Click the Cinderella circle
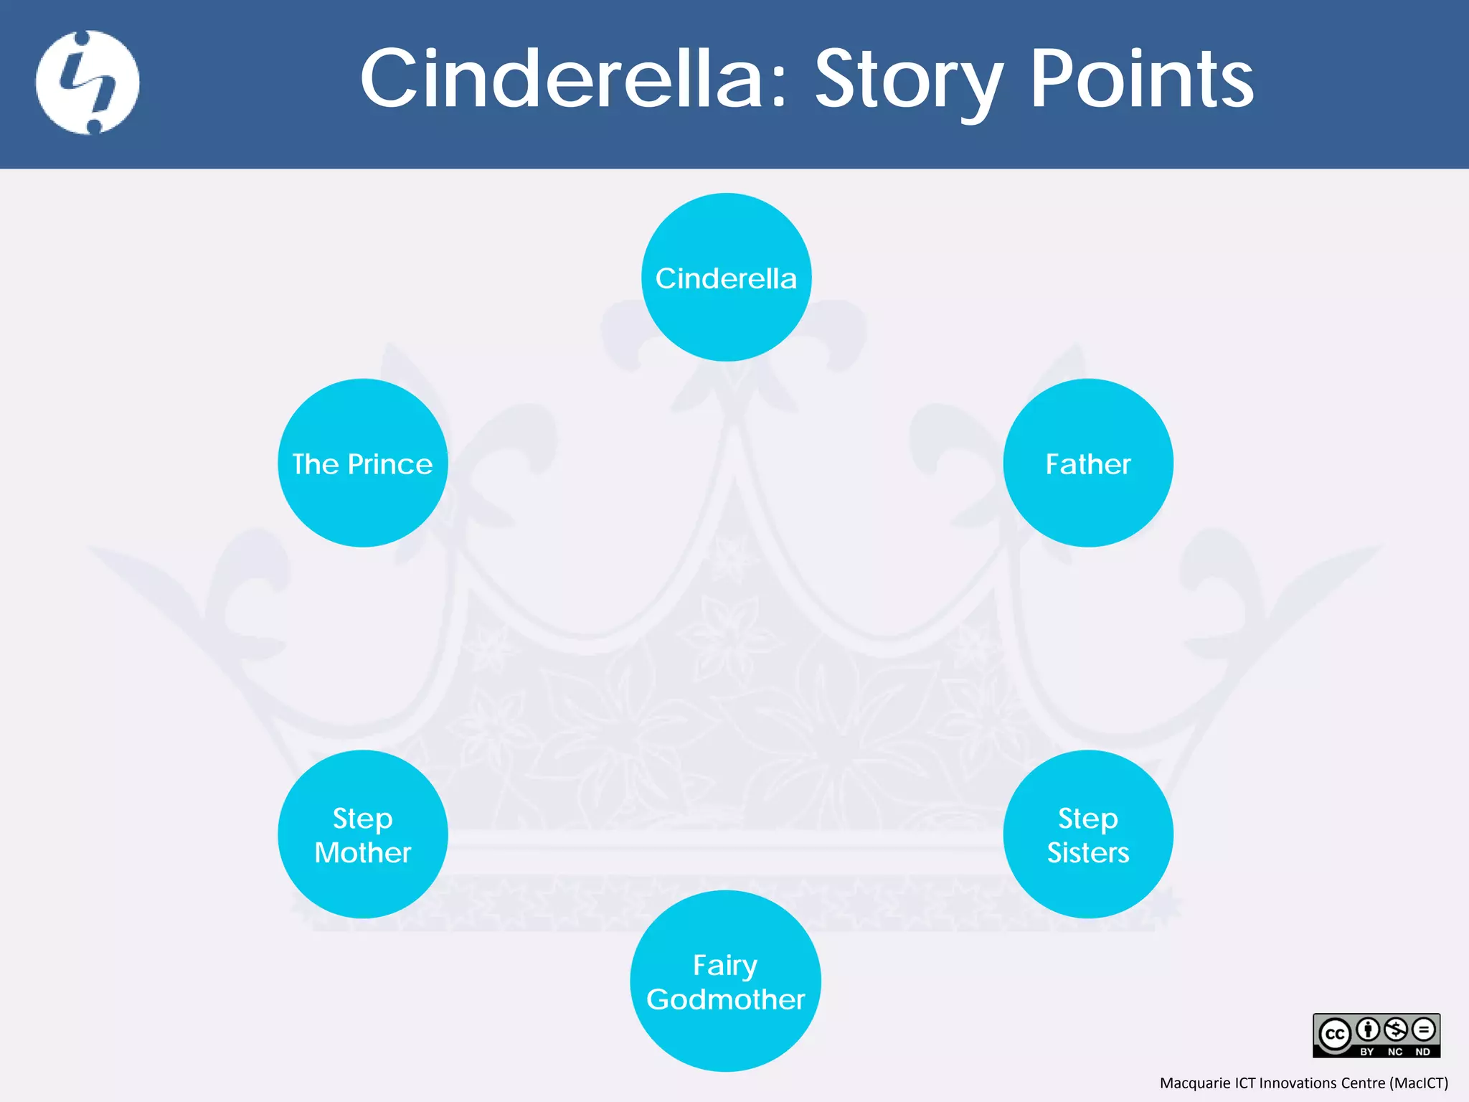click(726, 277)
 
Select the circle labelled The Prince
click(362, 463)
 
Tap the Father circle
click(1088, 463)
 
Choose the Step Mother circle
click(362, 834)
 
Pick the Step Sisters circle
click(1088, 834)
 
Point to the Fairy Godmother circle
click(726, 981)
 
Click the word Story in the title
click(908, 80)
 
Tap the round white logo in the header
click(88, 83)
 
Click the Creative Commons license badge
click(1376, 1035)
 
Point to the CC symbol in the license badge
click(1335, 1035)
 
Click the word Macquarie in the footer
click(1195, 1083)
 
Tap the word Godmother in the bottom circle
click(726, 999)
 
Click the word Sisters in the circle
click(1088, 853)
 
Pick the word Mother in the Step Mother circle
click(362, 853)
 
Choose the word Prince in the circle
click(390, 464)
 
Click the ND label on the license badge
click(1422, 1052)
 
